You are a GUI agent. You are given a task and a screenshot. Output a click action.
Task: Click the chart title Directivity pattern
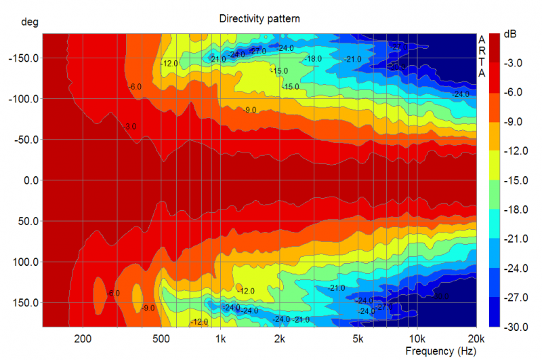(259, 19)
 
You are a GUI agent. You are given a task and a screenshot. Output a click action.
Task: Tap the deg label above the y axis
(29, 22)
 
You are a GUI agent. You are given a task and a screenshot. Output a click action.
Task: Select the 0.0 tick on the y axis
(30, 180)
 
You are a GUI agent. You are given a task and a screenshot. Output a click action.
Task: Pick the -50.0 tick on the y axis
(26, 140)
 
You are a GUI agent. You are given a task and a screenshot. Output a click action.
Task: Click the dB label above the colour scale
(509, 35)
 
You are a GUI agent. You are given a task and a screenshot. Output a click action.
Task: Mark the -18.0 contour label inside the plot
(314, 59)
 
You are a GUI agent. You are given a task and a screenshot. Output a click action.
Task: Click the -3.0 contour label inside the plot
(131, 127)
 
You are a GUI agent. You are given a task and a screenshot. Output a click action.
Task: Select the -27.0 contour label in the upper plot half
(258, 52)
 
